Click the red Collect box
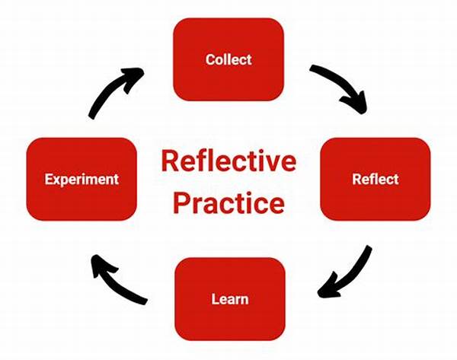coord(228,59)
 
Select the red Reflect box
coord(376,179)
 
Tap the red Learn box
coord(228,298)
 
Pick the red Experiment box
coord(81,179)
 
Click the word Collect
coord(228,59)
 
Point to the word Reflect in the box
coord(376,180)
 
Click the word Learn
coord(228,298)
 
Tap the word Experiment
coord(81,180)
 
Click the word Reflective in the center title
coord(228,162)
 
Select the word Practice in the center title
coord(228,203)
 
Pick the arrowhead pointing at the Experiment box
coord(97,263)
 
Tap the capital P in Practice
coord(182,203)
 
